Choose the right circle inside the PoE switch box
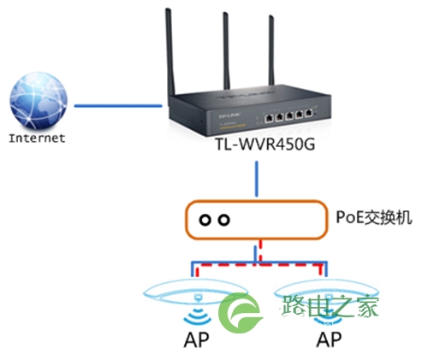(224, 220)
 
